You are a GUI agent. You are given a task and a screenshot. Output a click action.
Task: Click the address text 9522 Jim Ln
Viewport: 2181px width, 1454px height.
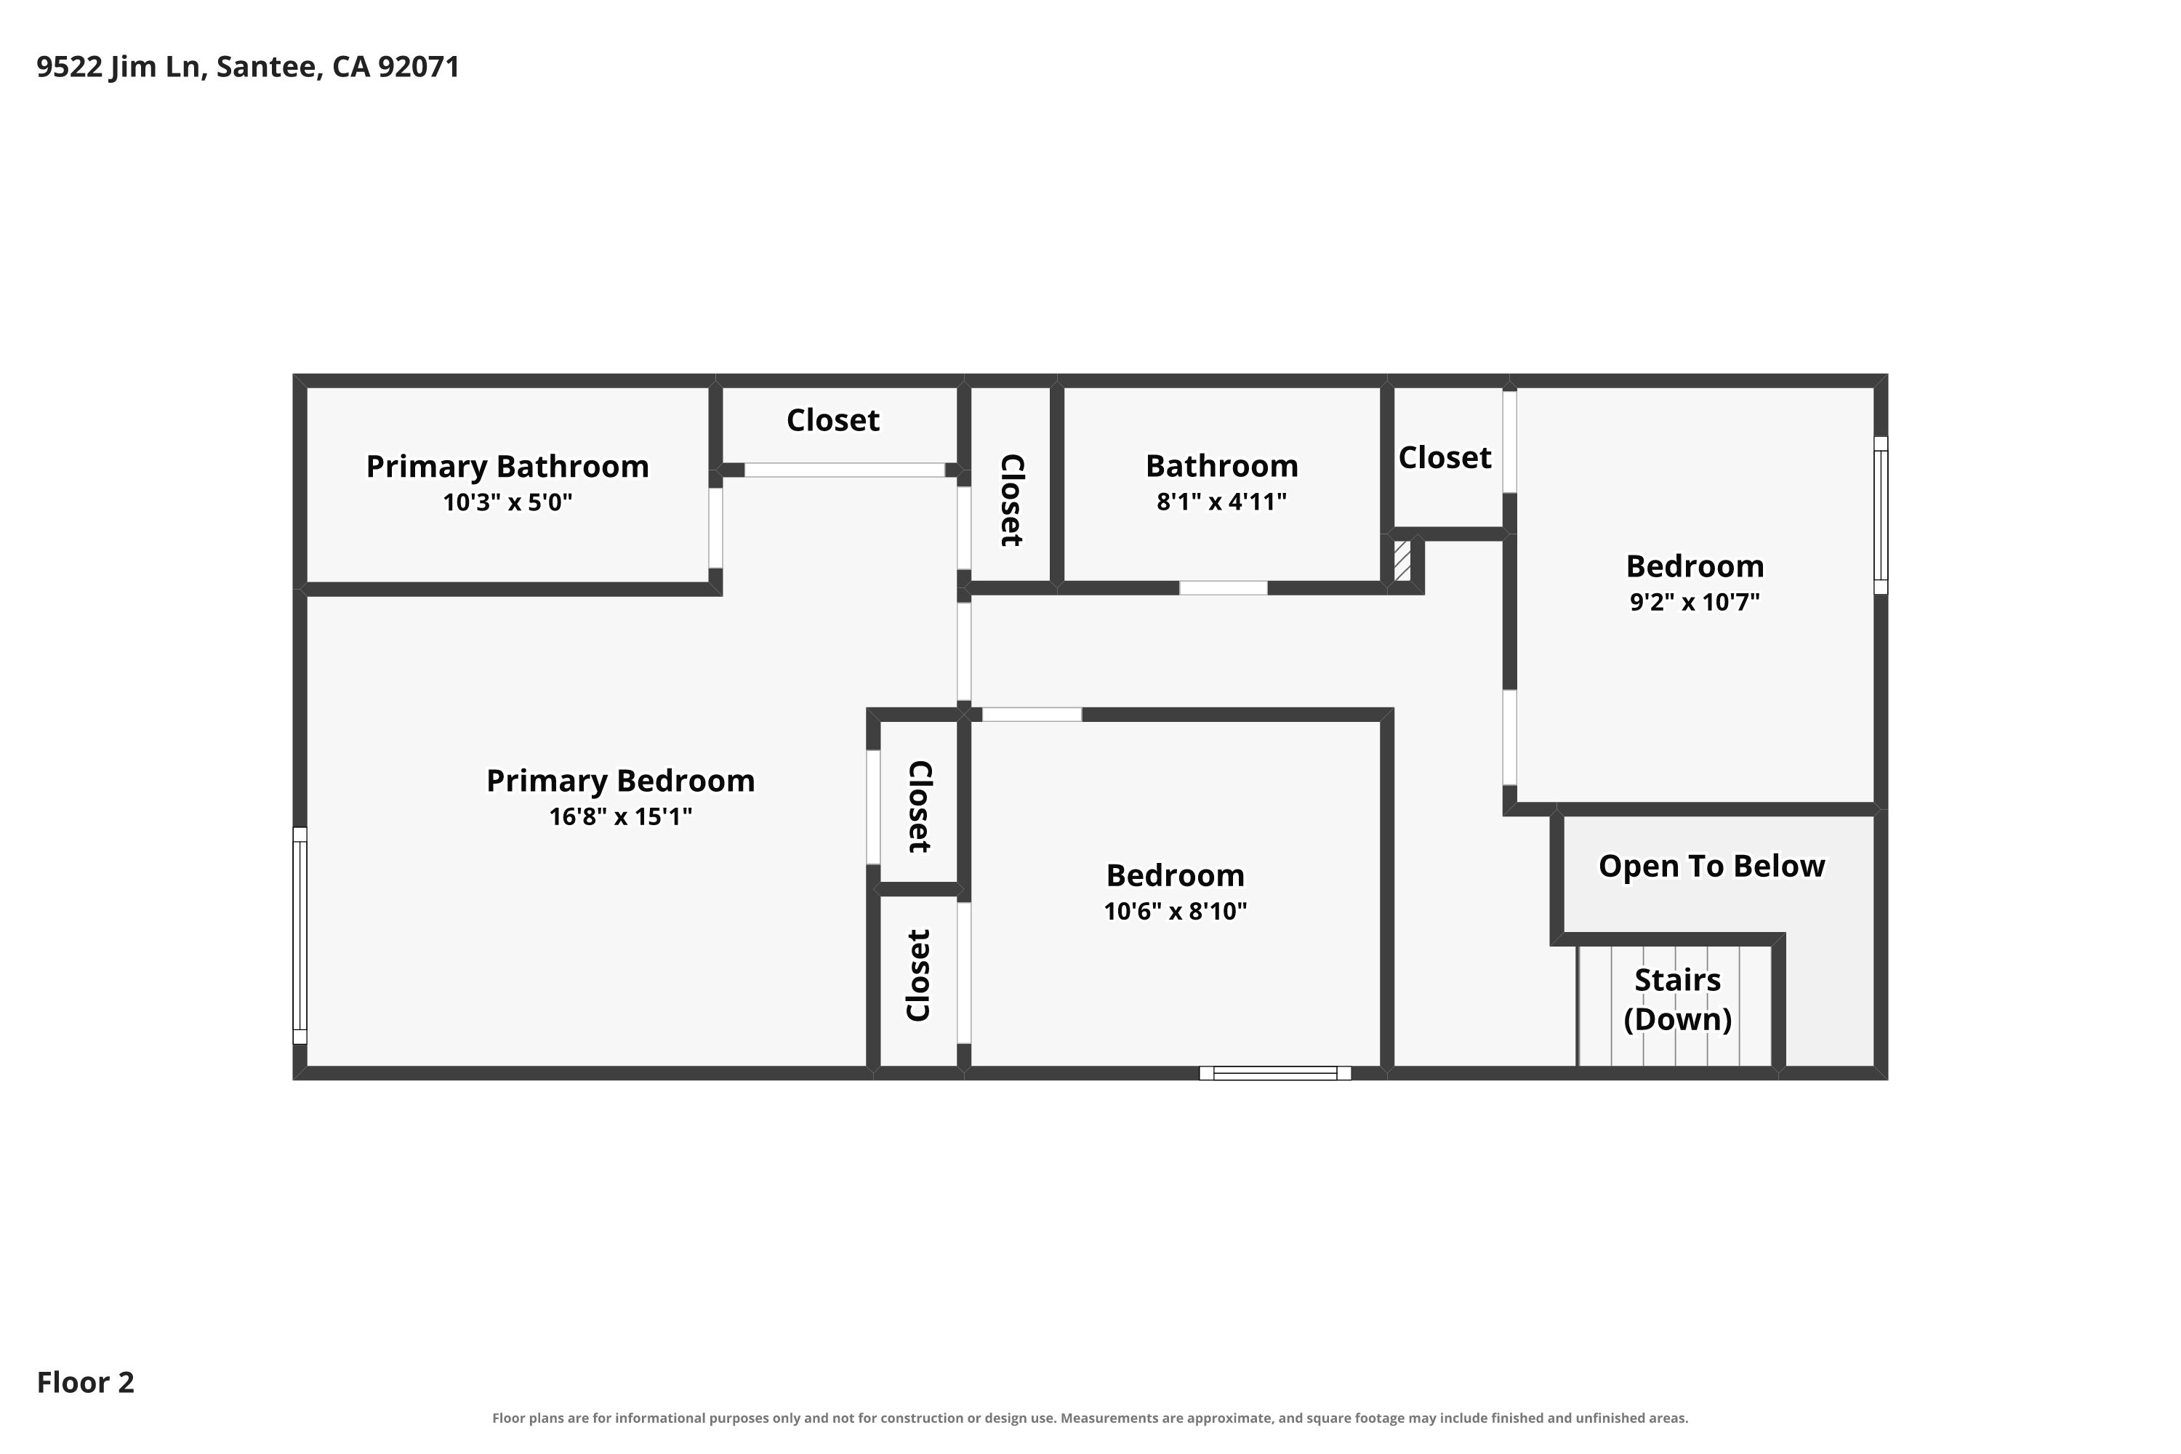120,68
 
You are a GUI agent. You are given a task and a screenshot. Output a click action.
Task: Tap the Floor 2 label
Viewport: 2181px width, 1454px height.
85,1383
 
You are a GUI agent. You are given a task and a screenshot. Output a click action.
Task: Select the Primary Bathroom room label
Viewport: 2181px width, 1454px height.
507,467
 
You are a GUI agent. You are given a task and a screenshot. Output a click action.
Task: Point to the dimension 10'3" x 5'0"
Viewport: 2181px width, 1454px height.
507,502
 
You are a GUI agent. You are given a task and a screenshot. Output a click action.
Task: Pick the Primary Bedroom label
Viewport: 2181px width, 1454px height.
620,781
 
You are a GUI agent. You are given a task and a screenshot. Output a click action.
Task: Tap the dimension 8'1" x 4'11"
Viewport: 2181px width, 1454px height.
1221,502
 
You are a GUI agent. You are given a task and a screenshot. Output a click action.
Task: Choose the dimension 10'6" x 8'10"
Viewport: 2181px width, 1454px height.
1175,912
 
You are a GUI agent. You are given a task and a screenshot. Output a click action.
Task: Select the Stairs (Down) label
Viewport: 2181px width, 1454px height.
1677,999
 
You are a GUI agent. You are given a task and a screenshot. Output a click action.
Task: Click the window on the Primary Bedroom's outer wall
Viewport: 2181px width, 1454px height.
300,936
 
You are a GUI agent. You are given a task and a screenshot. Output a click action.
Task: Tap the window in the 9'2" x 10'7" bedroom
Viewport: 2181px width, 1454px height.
1881,515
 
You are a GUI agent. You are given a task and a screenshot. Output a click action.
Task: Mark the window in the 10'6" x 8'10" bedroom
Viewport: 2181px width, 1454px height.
1275,1073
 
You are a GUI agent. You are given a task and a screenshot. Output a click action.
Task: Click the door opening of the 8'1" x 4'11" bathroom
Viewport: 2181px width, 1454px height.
1223,588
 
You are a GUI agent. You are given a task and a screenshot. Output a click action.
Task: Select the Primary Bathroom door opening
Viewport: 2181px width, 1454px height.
715,528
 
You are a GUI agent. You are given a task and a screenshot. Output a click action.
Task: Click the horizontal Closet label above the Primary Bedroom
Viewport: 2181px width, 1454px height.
832,421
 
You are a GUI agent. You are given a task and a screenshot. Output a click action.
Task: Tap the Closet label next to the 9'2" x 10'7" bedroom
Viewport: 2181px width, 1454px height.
1445,458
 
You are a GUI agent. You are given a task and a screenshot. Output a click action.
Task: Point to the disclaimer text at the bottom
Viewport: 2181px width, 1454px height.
1090,1418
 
